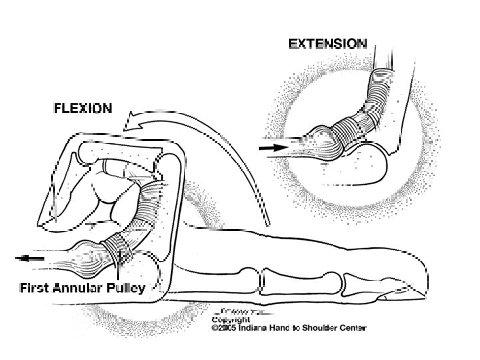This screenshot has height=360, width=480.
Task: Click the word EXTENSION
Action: coord(327,43)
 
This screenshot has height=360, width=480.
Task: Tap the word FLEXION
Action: coord(83,109)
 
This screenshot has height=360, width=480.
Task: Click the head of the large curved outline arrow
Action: coord(133,121)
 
